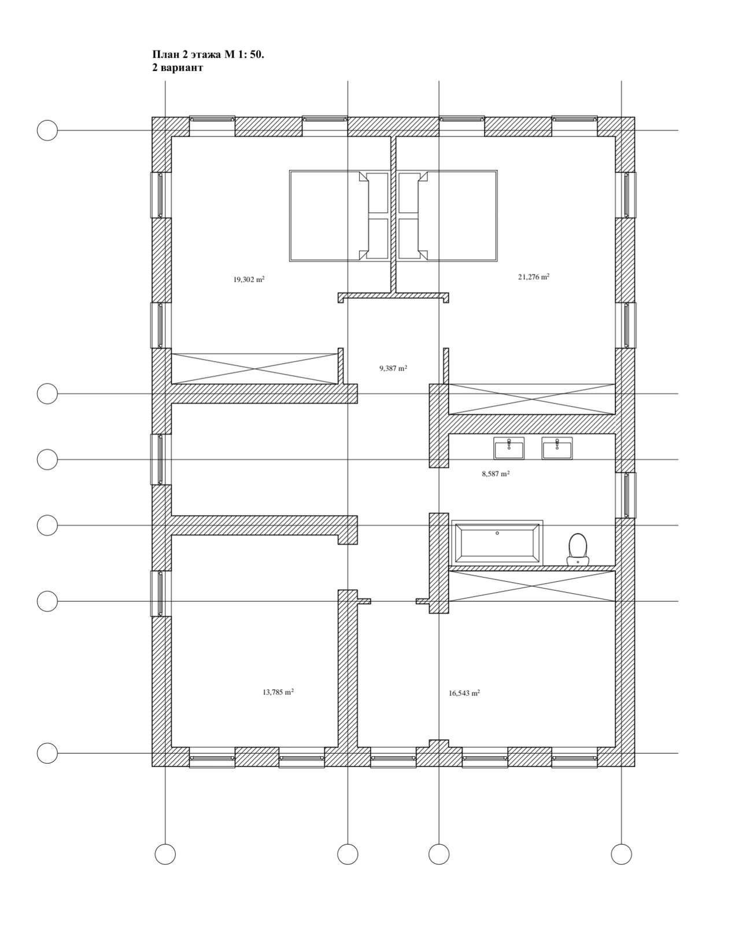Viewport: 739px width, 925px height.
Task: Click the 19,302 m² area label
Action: click(249, 279)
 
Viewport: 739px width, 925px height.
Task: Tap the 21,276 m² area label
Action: click(534, 277)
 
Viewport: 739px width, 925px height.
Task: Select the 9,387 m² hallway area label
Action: click(393, 368)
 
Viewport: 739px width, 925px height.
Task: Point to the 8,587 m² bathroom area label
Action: click(495, 473)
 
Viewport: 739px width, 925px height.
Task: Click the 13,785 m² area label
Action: click(278, 692)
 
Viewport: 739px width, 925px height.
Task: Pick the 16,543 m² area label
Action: click(464, 693)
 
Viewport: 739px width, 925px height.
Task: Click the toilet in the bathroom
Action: click(577, 549)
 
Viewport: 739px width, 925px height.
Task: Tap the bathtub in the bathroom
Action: click(497, 542)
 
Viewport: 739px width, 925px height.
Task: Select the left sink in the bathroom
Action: click(509, 448)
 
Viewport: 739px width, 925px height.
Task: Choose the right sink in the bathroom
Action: click(557, 448)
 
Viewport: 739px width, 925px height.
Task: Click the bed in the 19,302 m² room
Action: click(339, 216)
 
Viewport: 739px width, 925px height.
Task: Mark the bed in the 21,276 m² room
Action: click(447, 216)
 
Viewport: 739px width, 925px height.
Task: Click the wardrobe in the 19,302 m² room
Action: click(254, 368)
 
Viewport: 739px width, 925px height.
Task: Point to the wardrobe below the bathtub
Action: click(532, 586)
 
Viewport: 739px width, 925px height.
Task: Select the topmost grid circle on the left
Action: click(47, 130)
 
